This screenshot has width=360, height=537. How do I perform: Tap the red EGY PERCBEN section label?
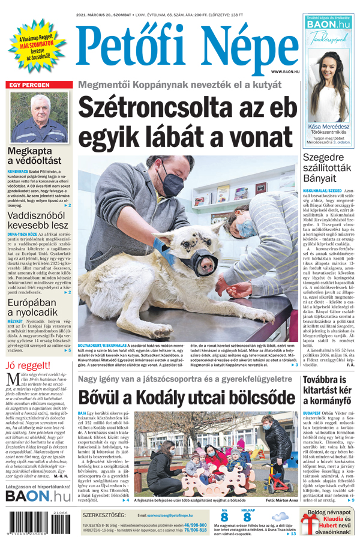29,85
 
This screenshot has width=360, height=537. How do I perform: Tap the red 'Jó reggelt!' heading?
27,365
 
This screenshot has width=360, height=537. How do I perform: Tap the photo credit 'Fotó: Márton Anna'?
281,500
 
